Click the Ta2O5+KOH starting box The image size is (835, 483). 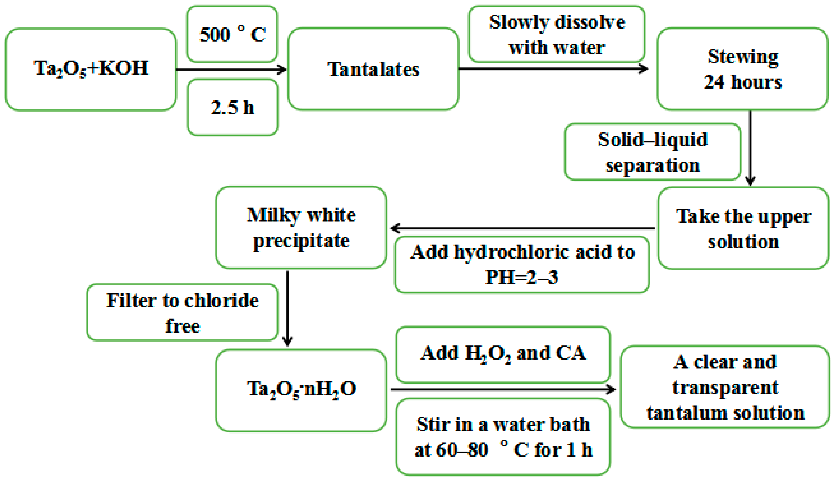click(90, 69)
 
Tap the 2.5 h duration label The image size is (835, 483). click(232, 107)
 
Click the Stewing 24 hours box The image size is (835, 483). click(742, 69)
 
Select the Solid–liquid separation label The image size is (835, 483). click(652, 152)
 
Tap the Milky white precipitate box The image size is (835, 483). click(301, 228)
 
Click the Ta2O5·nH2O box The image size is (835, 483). click(301, 390)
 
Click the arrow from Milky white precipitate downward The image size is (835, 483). click(287, 308)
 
